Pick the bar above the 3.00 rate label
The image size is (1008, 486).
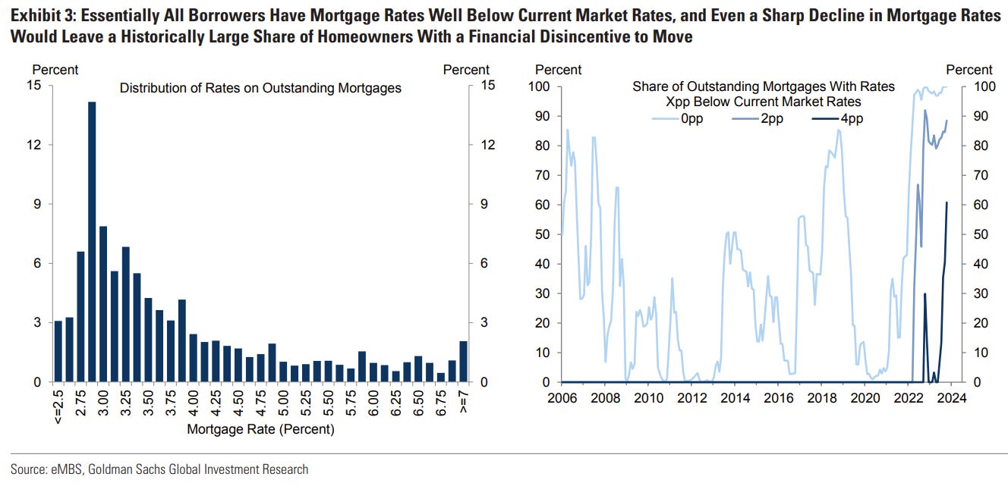pos(103,303)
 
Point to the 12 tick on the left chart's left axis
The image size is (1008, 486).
pos(33,145)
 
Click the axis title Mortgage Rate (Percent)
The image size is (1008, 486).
pos(260,429)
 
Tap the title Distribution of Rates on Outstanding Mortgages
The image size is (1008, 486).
pos(260,89)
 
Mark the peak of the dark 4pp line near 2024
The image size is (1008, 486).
pos(947,203)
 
